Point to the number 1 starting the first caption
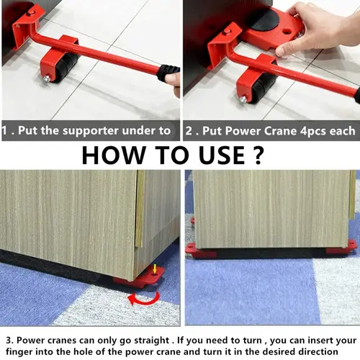pos(5,130)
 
